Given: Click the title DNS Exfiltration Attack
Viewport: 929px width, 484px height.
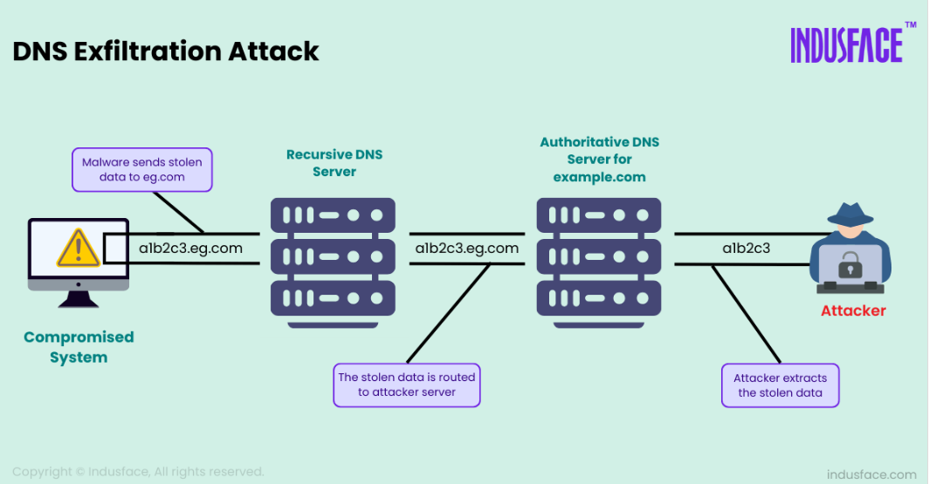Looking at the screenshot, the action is [166, 51].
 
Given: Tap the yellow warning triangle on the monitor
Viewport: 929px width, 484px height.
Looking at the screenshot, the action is [79, 248].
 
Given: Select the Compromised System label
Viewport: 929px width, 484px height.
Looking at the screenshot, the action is [79, 347].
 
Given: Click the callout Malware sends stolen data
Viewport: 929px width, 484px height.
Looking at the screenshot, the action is [142, 170].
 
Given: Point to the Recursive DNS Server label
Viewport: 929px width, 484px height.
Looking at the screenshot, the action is [334, 163].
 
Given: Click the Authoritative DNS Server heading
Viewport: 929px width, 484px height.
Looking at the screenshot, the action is [599, 160].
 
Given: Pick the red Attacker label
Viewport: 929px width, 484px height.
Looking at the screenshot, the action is [853, 310].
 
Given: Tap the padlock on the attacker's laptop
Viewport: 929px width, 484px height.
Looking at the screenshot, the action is [850, 264].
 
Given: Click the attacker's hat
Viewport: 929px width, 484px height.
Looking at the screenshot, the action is [850, 215].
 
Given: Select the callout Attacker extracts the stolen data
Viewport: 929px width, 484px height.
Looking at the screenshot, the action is [781, 385].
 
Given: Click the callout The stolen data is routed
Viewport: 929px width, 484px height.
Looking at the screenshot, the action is [407, 385].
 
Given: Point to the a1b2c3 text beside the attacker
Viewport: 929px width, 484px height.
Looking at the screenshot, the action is [746, 248].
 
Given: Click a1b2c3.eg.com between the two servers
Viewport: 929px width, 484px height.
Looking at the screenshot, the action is [467, 248].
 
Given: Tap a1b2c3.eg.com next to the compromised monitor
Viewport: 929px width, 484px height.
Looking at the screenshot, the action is [190, 248].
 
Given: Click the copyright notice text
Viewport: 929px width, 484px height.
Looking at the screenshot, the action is [138, 472].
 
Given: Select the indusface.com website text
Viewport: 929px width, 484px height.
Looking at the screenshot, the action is [871, 474].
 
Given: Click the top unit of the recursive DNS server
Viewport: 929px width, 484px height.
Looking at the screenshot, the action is [333, 215].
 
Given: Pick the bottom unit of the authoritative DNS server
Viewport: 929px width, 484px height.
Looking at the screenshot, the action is [599, 298].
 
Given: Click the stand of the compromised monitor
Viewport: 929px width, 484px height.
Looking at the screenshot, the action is [79, 300].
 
